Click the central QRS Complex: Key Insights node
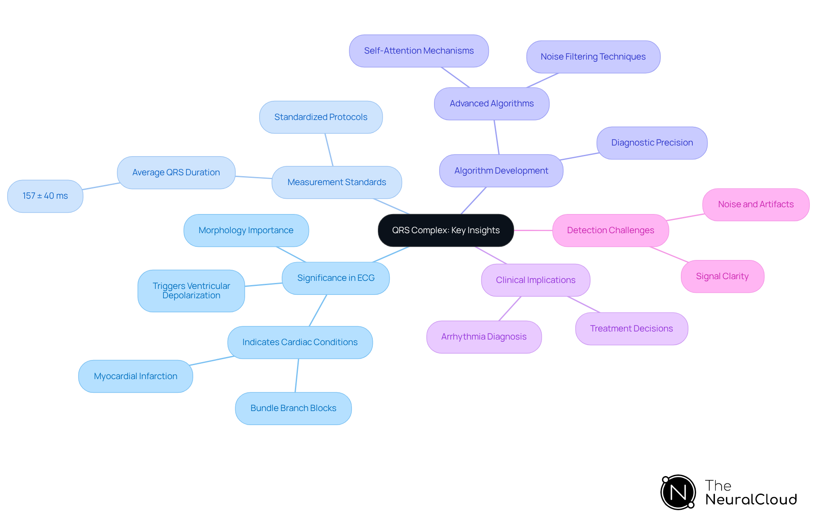pos(446,230)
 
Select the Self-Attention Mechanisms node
pos(419,51)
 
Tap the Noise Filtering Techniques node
pos(593,57)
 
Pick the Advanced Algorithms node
pos(491,104)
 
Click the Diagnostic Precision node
pos(651,143)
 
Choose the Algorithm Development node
pos(501,171)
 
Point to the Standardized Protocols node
pos(320,117)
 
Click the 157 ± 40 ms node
pos(45,196)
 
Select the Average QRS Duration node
pos(176,173)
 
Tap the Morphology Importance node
pos(246,231)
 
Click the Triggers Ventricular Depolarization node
pos(191,291)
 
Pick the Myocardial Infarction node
pos(135,377)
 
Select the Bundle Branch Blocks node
pos(293,408)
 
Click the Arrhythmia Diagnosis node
pos(484,337)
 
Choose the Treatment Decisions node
pos(631,329)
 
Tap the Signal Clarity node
pos(722,277)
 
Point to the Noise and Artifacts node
pos(756,205)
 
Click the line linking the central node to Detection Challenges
pos(533,230)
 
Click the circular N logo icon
pos(678,492)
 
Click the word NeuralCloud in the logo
pos(751,500)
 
